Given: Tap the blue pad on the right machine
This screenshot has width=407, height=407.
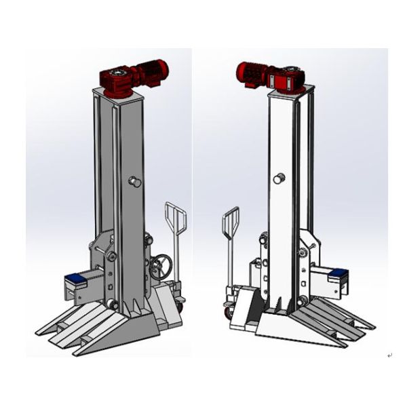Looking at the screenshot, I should pos(336,274).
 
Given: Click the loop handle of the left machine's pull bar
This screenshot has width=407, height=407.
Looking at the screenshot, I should pos(174,217).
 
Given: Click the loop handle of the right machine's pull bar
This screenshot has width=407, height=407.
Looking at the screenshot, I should pos(230,222).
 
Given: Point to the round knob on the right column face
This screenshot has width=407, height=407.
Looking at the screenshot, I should pos(277,178).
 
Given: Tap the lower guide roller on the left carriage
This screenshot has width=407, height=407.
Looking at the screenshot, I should pos(112,305).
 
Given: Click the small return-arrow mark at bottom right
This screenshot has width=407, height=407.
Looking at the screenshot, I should pos(389,355).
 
